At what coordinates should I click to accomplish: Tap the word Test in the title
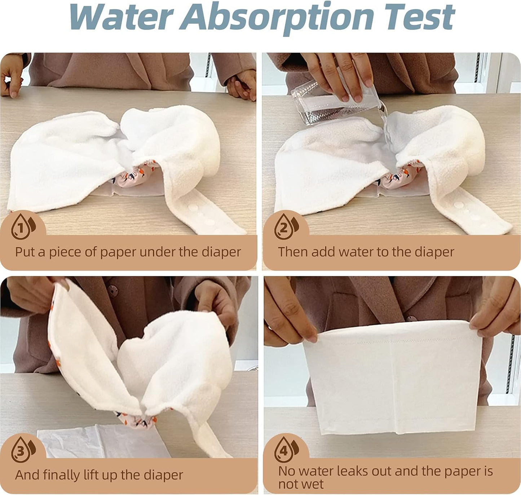[x=418, y=17]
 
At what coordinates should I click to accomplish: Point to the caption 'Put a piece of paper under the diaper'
[x=128, y=252]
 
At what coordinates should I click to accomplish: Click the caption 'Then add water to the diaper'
[x=366, y=252]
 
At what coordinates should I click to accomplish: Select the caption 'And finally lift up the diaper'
[x=99, y=475]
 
